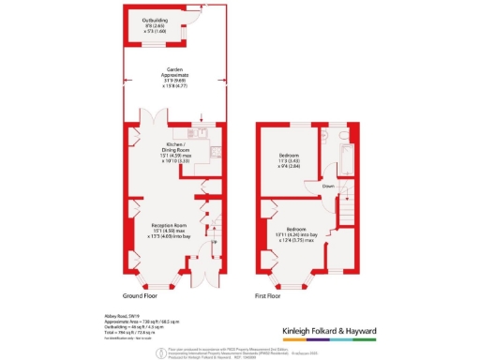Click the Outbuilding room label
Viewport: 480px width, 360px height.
[155, 19]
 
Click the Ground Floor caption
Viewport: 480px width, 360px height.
[164, 294]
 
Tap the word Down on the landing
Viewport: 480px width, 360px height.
[327, 186]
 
